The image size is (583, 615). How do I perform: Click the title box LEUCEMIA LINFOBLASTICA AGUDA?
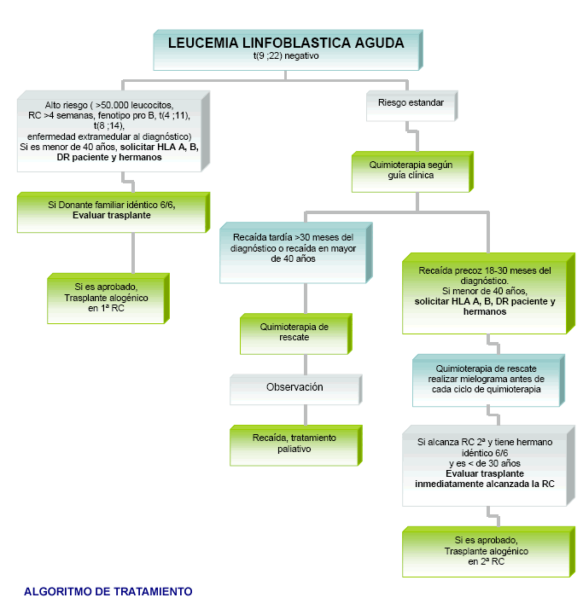pos(287,49)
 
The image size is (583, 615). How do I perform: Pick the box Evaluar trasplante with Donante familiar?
pos(111,210)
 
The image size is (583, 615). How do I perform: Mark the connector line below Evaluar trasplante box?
pos(133,251)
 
